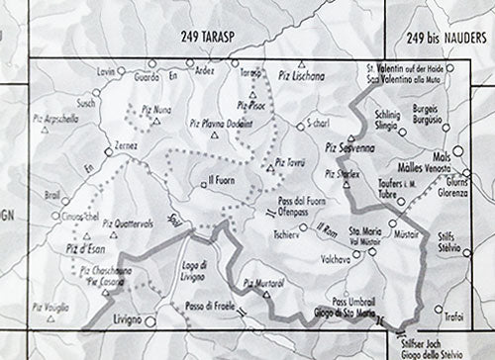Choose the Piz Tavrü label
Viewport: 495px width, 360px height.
(291, 160)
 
